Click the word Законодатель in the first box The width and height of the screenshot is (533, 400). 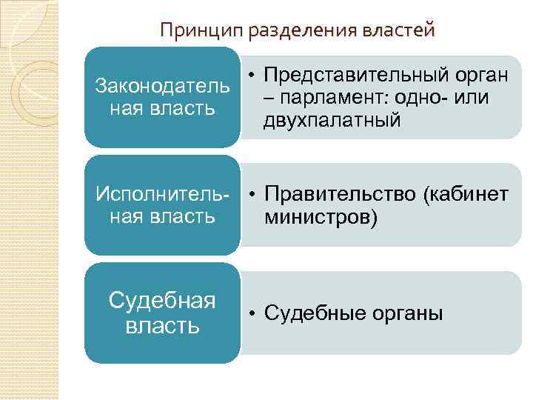click(x=162, y=86)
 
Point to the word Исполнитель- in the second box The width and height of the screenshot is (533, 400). click(x=162, y=194)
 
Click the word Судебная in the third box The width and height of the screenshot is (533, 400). click(x=162, y=301)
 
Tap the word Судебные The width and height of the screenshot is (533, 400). click(x=311, y=313)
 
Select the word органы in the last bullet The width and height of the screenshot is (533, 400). click(x=403, y=313)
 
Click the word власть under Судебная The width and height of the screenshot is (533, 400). click(x=162, y=326)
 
